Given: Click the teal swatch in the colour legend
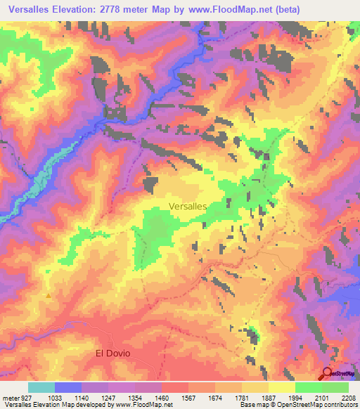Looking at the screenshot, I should click(x=41, y=387).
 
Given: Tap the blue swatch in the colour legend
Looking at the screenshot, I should click(x=68, y=387).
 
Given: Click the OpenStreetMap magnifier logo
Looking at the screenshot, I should click(x=328, y=373).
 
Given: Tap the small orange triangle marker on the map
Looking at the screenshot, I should click(x=48, y=296).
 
